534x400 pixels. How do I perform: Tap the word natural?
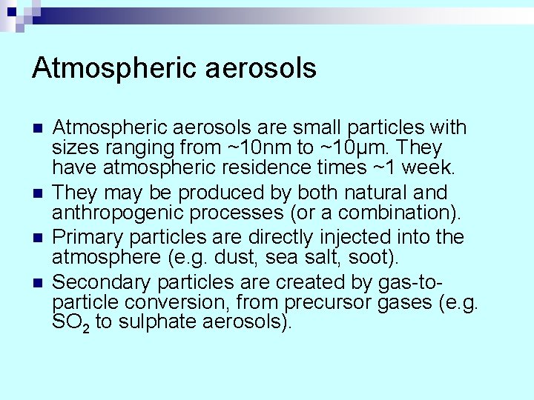click(386, 193)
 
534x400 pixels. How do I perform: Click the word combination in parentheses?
click(394, 213)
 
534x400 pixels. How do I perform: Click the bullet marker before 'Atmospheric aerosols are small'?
click(38, 128)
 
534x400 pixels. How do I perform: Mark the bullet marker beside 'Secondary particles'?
click(38, 283)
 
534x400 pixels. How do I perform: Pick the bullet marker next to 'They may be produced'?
click(38, 193)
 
